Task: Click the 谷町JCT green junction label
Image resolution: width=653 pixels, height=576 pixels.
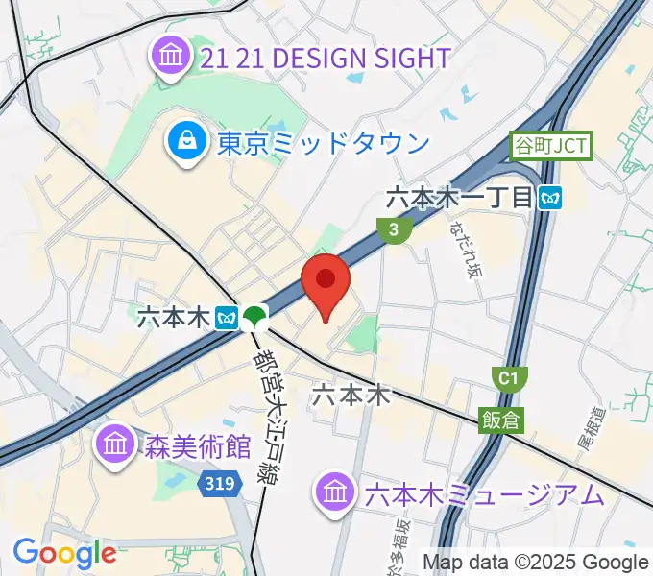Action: point(551,147)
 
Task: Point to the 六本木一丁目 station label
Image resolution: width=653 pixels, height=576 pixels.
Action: point(459,199)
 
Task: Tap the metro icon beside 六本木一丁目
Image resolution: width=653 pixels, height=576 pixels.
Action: point(551,199)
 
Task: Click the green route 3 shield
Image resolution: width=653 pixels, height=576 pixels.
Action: point(394,229)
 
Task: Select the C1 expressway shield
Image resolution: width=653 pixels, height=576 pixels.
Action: point(507,378)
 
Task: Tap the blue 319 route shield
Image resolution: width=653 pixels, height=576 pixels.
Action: point(220,486)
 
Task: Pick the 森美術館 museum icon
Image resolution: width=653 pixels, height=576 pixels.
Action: point(114,444)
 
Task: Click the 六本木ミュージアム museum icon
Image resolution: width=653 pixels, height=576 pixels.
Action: point(335,493)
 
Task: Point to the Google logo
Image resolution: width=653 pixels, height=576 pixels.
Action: point(64,552)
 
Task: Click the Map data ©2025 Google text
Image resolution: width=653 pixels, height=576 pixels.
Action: point(536,562)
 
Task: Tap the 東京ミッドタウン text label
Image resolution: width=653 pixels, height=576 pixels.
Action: point(323,144)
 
